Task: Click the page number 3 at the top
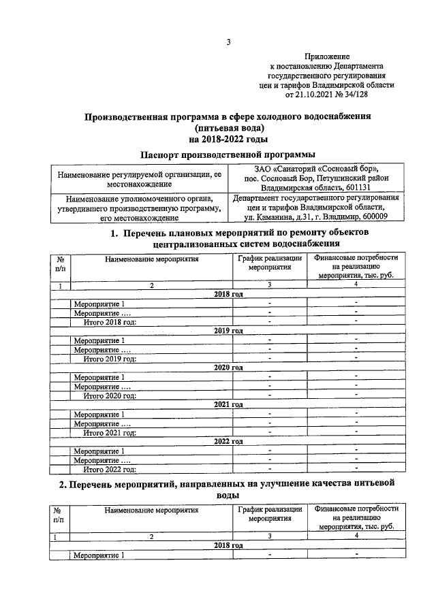pyautogui.click(x=229, y=42)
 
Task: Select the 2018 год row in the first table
pyautogui.click(x=228, y=294)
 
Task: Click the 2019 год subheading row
pyautogui.click(x=228, y=331)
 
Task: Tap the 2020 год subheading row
pyautogui.click(x=228, y=368)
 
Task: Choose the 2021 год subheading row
pyautogui.click(x=228, y=404)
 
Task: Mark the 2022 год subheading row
pyautogui.click(x=228, y=441)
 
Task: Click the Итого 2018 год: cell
pyautogui.click(x=110, y=322)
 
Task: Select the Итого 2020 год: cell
pyautogui.click(x=110, y=395)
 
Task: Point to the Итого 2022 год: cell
pyautogui.click(x=110, y=469)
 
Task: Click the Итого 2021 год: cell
pyautogui.click(x=110, y=432)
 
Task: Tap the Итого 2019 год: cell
pyautogui.click(x=110, y=359)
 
